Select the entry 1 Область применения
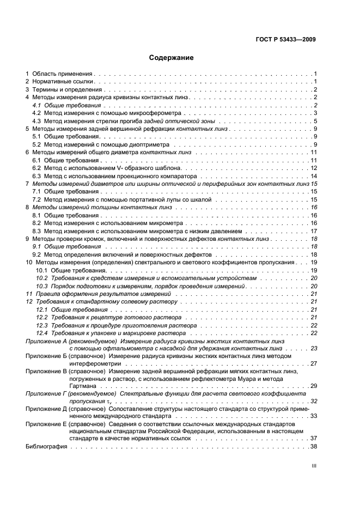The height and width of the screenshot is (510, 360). coord(60,73)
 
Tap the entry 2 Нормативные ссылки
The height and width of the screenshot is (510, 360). coord(60,81)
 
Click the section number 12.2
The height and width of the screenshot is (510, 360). coord(41,317)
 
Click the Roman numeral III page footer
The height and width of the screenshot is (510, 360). coord(314,467)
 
